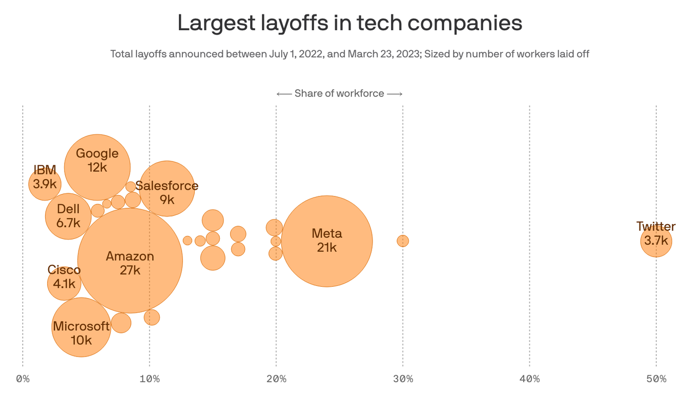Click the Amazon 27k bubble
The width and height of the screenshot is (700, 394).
tap(130, 260)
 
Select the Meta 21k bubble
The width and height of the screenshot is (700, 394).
tap(327, 241)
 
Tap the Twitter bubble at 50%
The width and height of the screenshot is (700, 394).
tap(656, 241)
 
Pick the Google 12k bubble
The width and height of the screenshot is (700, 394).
tap(97, 167)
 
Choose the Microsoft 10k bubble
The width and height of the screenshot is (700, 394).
tap(81, 327)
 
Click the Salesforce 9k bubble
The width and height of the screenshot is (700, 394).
tap(167, 189)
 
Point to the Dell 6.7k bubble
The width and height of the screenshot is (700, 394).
tap(68, 216)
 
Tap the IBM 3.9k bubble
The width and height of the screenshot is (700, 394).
tap(45, 183)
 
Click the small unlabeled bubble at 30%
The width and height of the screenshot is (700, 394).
tap(403, 241)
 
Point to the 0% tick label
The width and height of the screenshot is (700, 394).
tap(23, 379)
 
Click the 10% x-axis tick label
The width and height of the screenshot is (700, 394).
tap(149, 379)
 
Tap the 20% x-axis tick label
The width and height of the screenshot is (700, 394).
tap(276, 379)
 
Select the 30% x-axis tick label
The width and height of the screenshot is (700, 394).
tap(403, 379)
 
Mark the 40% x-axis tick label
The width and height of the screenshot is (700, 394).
tap(529, 379)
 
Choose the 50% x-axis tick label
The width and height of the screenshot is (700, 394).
tap(656, 379)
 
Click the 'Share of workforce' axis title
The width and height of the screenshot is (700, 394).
tap(339, 93)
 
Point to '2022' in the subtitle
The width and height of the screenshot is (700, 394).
tap(308, 54)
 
